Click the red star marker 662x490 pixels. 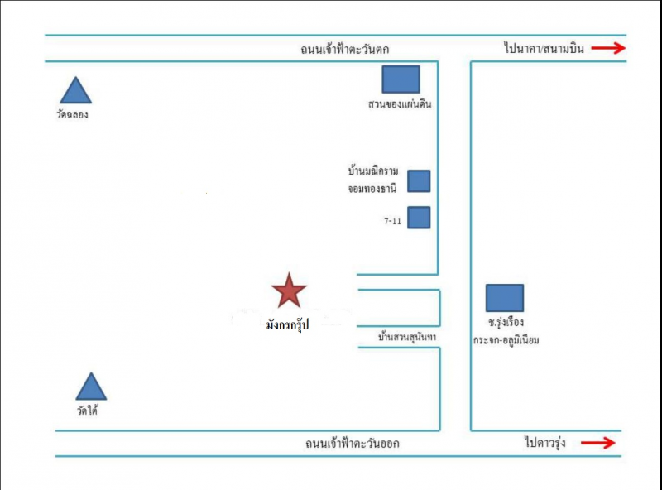point(289,291)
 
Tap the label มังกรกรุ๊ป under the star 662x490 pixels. point(287,326)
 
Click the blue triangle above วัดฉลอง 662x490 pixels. point(75,92)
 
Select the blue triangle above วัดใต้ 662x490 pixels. point(91,387)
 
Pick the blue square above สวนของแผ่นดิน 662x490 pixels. point(401,79)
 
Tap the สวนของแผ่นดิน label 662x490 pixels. point(401,105)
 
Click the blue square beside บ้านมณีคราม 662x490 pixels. point(419,180)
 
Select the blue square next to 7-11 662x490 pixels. point(419,217)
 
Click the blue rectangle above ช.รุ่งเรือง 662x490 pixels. point(504,298)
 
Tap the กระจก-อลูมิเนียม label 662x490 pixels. point(506,339)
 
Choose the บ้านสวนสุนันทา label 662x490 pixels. point(406,338)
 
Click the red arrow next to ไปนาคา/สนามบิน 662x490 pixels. point(608,49)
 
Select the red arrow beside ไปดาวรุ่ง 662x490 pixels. point(598,444)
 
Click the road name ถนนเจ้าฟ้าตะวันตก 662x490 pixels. point(345,49)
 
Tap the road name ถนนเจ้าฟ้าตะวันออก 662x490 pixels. point(352,444)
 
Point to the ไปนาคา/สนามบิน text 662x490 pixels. point(543,49)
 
